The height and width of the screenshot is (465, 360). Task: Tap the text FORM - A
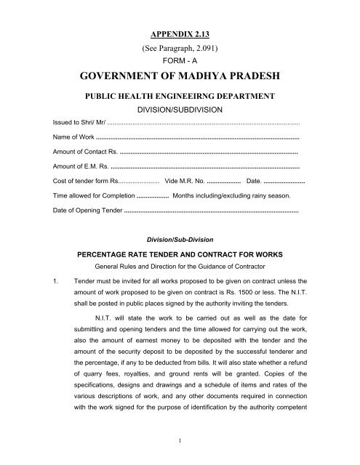[179, 62]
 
